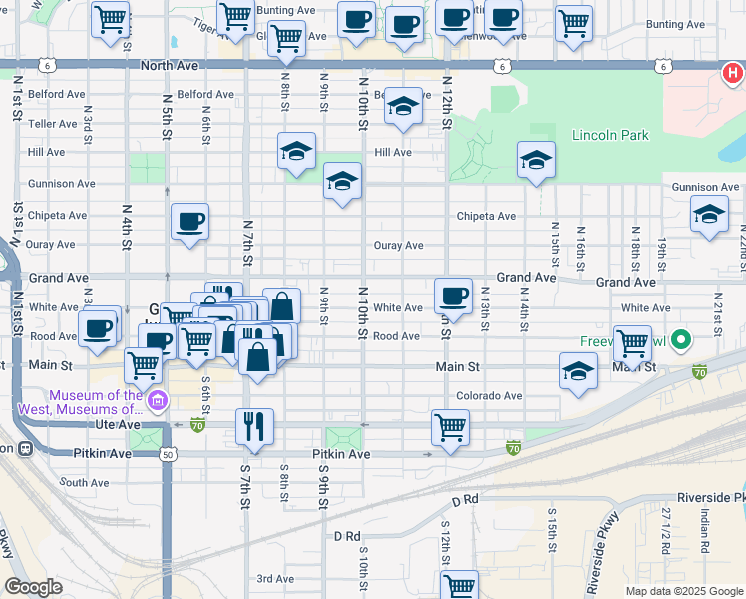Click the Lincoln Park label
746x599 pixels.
pyautogui.click(x=610, y=135)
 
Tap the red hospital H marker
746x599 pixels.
pyautogui.click(x=732, y=73)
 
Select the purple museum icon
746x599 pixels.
pyautogui.click(x=157, y=402)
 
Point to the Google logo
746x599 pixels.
pyautogui.click(x=33, y=587)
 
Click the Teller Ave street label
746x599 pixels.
pyautogui.click(x=53, y=124)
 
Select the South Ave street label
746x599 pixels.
pyautogui.click(x=84, y=482)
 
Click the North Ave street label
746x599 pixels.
pyautogui.click(x=170, y=65)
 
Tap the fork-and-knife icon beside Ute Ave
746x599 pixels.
pyautogui.click(x=254, y=426)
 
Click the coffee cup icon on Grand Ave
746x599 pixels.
pyautogui.click(x=454, y=295)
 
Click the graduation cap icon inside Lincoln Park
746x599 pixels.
pyautogui.click(x=536, y=159)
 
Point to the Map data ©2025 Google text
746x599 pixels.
pyautogui.click(x=683, y=591)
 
